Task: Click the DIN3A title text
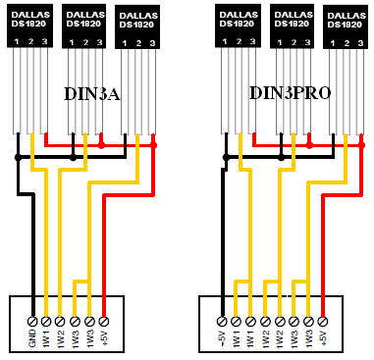pos(92,94)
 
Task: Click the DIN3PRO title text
pos(291,93)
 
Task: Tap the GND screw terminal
pos(32,321)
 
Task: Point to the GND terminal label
pos(32,338)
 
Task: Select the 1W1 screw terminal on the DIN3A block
pos(46,321)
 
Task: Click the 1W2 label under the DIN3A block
pos(60,338)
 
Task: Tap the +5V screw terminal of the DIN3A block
pos(104,321)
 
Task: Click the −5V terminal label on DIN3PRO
pos(222,338)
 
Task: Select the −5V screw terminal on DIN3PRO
pos(222,322)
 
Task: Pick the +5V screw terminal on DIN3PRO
pos(323,322)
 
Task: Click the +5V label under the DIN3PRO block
pos(323,338)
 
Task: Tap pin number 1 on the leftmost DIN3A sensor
pos(16,42)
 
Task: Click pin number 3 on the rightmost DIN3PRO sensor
pos(360,43)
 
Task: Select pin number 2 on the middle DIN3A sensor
pos(85,42)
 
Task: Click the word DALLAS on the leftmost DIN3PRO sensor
pos(237,15)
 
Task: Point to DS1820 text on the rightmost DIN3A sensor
pos(136,25)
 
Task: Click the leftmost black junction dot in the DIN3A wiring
pos(18,158)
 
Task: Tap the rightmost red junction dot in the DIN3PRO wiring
pos(361,145)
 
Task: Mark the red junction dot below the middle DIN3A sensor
pos(101,145)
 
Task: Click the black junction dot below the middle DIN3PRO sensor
pos(281,158)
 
